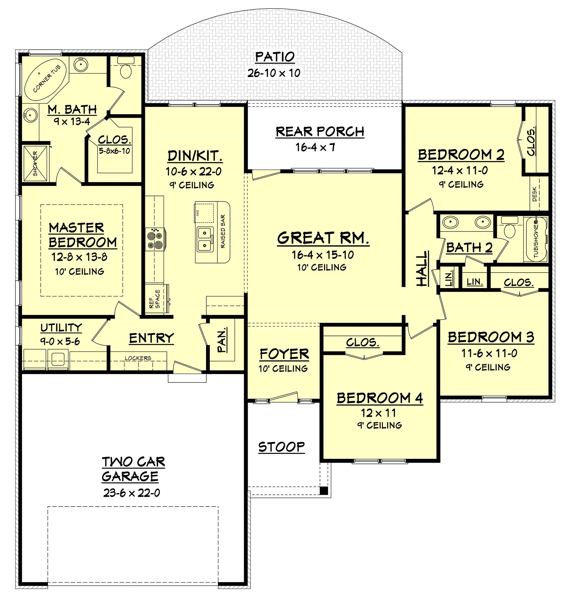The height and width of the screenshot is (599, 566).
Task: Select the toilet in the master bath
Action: (125, 71)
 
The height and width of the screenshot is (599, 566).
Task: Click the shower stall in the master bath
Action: (35, 163)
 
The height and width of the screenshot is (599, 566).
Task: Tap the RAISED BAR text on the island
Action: (223, 232)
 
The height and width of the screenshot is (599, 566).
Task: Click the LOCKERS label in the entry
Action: (138, 358)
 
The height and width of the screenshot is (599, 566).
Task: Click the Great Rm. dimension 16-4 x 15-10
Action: (323, 255)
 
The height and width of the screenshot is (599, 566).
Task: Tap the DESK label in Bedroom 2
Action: (535, 194)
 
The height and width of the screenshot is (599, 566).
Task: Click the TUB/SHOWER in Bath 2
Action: (536, 238)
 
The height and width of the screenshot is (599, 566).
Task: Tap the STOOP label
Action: (281, 447)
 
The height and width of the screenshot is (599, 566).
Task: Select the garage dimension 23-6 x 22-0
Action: (132, 493)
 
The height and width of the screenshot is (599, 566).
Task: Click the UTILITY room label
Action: (61, 327)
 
